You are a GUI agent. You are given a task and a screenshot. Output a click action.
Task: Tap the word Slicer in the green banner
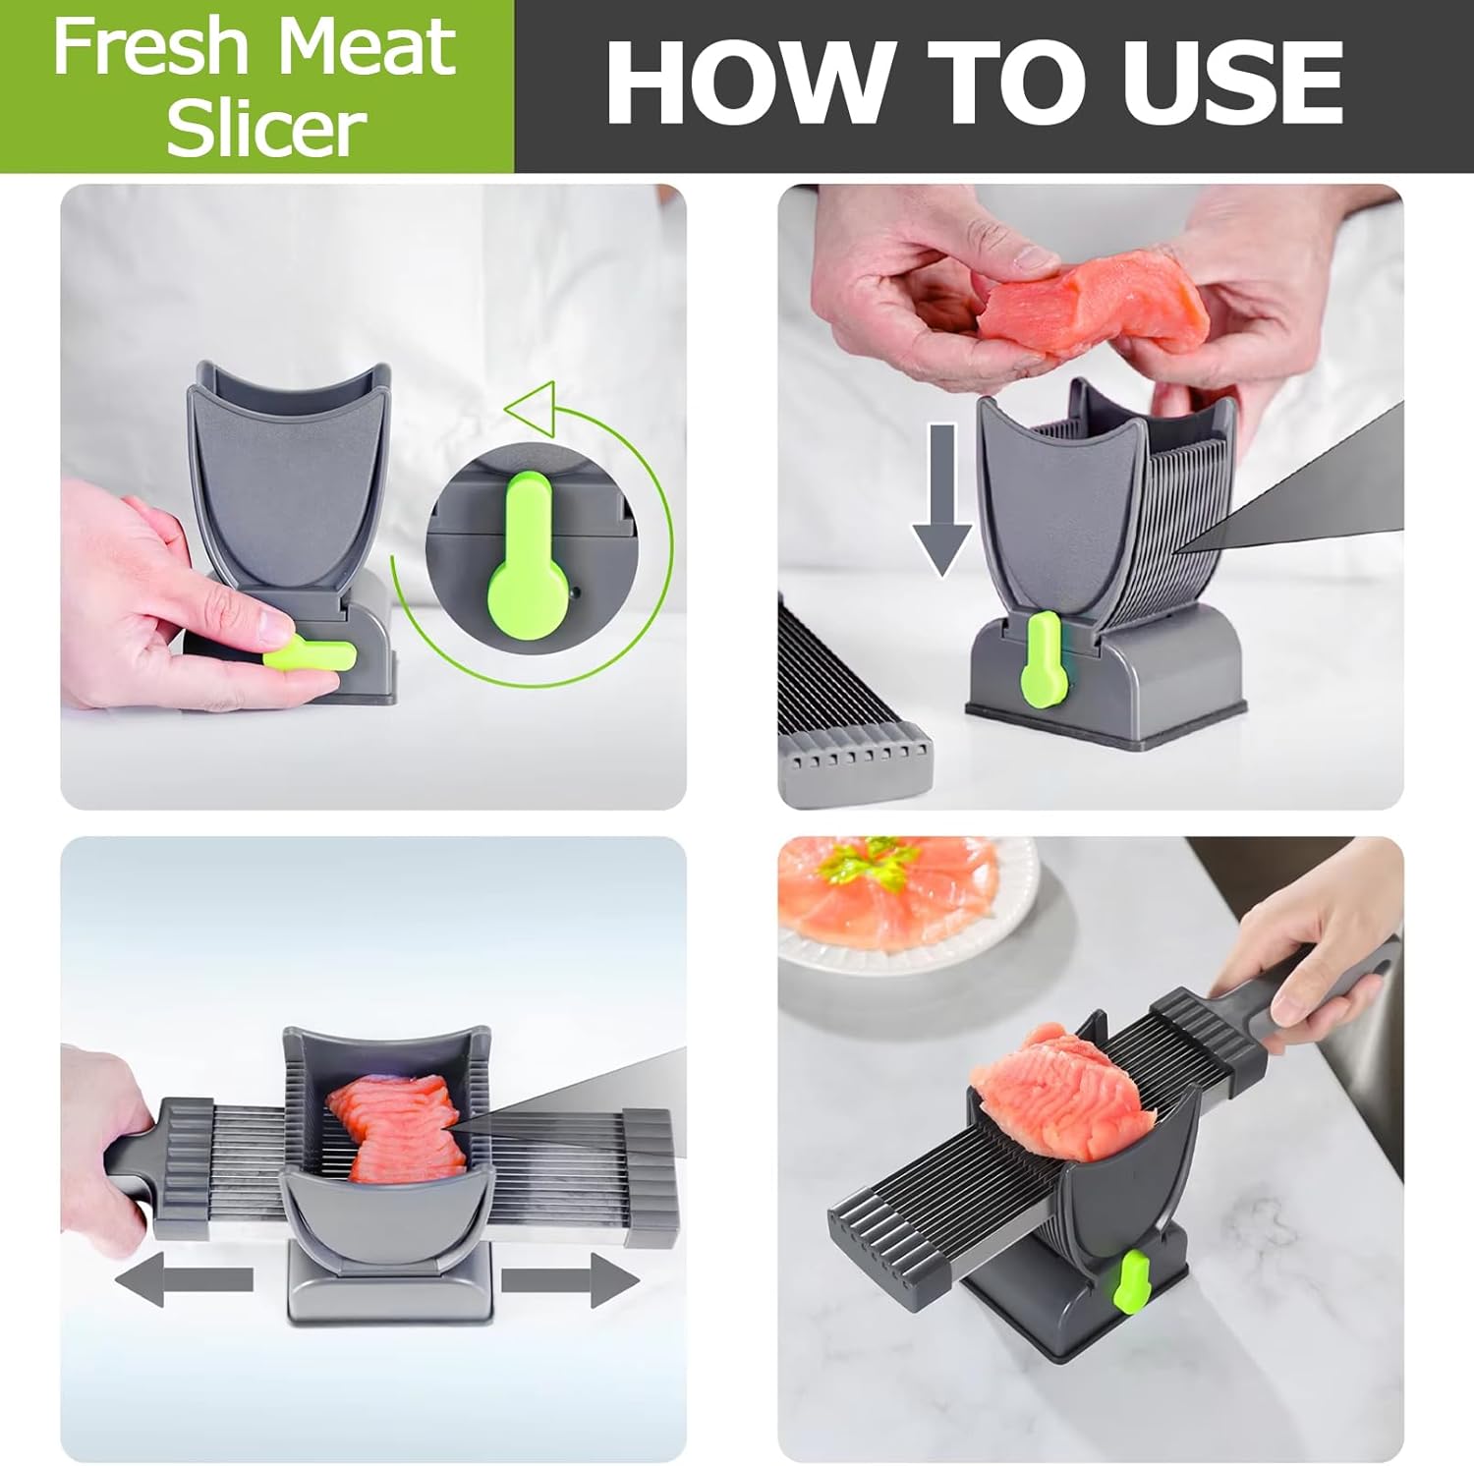tap(267, 128)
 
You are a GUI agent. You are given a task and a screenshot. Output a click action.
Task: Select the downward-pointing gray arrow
tap(942, 499)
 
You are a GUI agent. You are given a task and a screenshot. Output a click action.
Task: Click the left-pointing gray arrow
tap(184, 1280)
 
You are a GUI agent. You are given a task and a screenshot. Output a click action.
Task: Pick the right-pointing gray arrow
tap(571, 1280)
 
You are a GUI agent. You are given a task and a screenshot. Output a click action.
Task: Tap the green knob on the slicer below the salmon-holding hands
tap(1041, 658)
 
